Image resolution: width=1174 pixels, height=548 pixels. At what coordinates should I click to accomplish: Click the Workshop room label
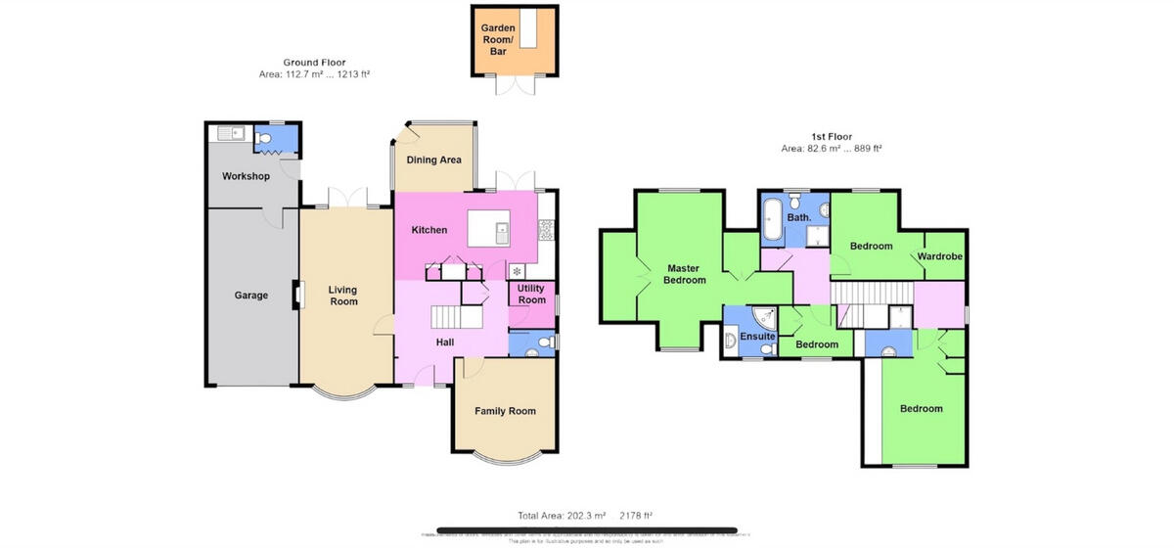pos(246,176)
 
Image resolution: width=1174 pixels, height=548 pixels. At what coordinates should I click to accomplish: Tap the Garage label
pos(250,295)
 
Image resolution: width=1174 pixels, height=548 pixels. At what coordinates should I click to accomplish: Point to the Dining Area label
pos(433,160)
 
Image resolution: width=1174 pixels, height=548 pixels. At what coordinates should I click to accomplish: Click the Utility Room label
pos(531,295)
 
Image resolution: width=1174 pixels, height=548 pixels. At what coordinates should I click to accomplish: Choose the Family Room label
pos(505,411)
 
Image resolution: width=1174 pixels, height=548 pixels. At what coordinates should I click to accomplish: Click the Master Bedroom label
pos(685,274)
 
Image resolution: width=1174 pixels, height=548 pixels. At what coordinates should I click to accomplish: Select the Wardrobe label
pos(940,257)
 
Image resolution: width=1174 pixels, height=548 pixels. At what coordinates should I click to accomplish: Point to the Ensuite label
pos(757,337)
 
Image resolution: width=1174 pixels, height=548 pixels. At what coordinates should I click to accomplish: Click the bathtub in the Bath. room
pos(772,220)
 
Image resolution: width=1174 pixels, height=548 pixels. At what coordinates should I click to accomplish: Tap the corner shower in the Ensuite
pos(762,317)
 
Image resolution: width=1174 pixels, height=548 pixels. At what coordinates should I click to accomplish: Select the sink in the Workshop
pos(228,135)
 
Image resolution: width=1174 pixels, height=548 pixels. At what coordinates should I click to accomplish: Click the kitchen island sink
pos(501,232)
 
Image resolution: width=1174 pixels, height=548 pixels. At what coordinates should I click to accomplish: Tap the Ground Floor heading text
pos(314,63)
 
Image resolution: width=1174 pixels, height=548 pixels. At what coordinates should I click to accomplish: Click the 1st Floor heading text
pos(831,137)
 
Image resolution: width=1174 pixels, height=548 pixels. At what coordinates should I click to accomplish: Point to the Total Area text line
pos(585,515)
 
